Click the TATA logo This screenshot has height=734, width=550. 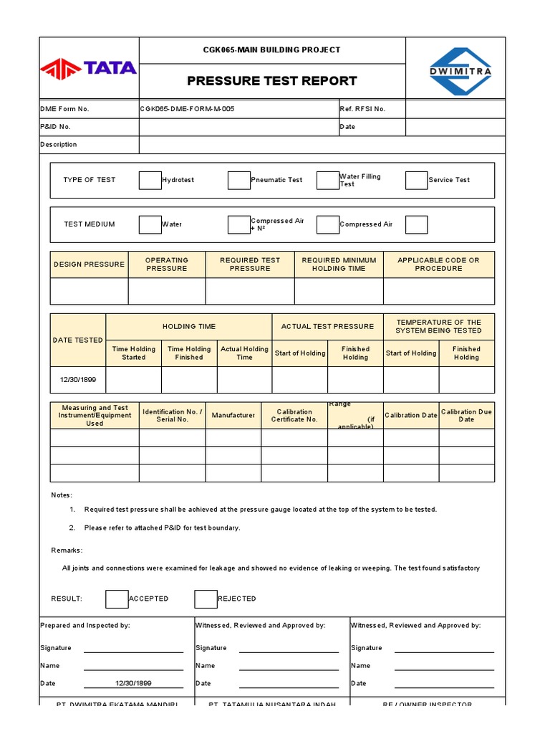(89, 68)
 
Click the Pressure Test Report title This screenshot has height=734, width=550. (272, 81)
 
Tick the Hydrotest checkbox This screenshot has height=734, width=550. (150, 180)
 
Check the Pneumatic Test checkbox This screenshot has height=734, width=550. (238, 180)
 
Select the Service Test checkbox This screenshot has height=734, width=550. (416, 180)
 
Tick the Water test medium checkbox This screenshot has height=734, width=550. (150, 224)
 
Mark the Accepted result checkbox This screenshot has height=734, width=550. (117, 599)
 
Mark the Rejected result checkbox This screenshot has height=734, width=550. (206, 599)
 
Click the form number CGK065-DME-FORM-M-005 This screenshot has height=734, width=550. (187, 109)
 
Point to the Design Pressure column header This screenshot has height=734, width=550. (89, 264)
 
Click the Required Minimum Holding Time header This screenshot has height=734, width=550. (339, 264)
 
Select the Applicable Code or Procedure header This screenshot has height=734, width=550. (438, 264)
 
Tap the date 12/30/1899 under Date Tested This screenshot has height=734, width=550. (78, 380)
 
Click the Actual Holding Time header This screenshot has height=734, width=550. (244, 353)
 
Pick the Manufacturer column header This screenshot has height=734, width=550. (233, 416)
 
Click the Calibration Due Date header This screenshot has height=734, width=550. (466, 416)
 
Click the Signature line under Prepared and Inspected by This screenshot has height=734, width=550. (133, 648)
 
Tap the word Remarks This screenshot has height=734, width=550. (67, 550)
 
